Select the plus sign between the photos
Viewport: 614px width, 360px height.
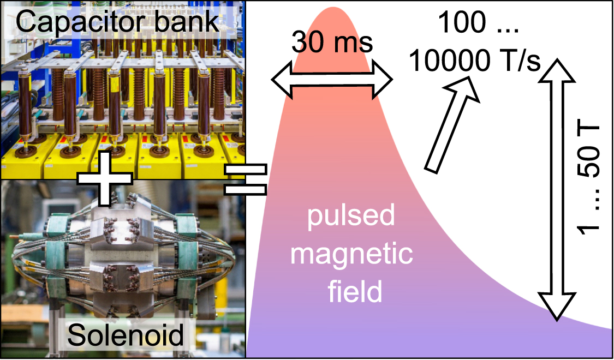pos(105,179)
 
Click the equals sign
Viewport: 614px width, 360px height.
pos(246,179)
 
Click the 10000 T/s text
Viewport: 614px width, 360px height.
pos(474,61)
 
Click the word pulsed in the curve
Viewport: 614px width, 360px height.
pos(349,217)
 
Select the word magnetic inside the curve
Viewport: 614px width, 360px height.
pos(349,255)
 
